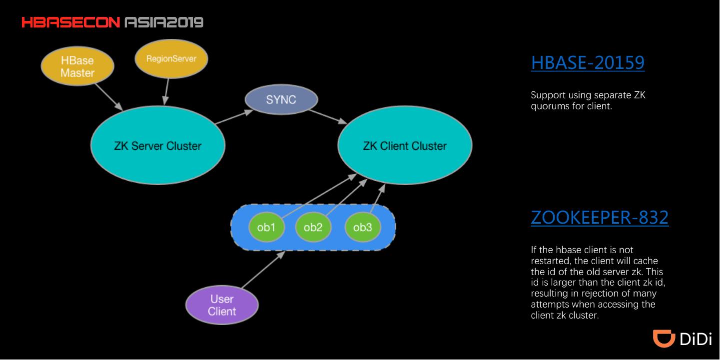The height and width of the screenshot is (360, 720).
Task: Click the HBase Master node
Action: pos(77,66)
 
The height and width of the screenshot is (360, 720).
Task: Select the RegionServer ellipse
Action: pos(171,59)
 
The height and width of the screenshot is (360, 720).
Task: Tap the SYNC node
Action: pos(281,99)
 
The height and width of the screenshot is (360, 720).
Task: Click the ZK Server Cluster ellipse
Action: pos(158,145)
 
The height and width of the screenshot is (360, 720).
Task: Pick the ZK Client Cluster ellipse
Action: pos(405,145)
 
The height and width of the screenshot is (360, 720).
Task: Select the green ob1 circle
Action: pos(266,227)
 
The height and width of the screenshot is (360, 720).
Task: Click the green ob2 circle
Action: pos(313,227)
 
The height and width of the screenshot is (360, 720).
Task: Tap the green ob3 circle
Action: pos(363,227)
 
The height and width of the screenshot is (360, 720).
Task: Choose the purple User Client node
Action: pos(222,305)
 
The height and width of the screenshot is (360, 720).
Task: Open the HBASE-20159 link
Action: pos(588,62)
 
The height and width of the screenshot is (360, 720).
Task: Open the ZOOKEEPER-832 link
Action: pos(600,217)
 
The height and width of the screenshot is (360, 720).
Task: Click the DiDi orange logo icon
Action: pos(664,338)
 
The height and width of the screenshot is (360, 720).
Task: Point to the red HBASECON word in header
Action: pos(71,22)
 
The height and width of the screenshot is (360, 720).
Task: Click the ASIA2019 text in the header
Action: pos(164,22)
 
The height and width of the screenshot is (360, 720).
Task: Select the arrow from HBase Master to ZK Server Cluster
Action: pos(109,97)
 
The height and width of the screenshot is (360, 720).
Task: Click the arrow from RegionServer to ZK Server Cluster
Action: pos(166,92)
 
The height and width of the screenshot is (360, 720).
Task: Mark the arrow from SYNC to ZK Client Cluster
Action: pos(328,116)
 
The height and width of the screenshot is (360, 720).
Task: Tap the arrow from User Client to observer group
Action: pos(263,269)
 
